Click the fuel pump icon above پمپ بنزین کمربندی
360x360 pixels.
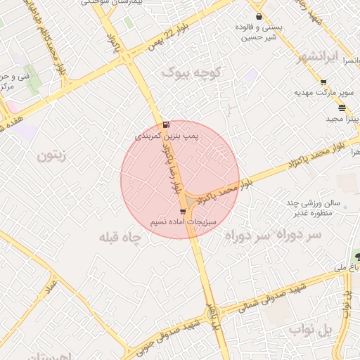pyautogui.click(x=166, y=124)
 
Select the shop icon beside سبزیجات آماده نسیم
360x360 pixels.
pyautogui.click(x=184, y=211)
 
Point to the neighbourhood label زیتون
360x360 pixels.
pyautogui.click(x=53, y=155)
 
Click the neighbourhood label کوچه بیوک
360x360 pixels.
pyautogui.click(x=191, y=72)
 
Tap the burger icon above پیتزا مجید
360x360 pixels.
pyautogui.click(x=342, y=108)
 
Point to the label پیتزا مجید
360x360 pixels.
pyautogui.click(x=342, y=118)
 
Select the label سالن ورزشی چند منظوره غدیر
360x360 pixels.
pyautogui.click(x=313, y=207)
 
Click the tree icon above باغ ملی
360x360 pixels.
pyautogui.click(x=358, y=257)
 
